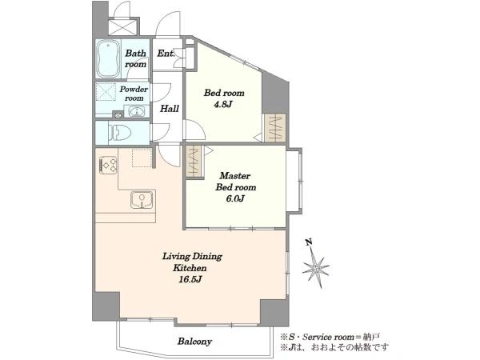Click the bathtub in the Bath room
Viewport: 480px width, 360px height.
(107, 58)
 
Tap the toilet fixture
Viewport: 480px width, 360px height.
(119, 133)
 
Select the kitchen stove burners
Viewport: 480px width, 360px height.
(108, 166)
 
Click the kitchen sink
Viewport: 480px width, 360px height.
(142, 200)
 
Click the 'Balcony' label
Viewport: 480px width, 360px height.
(194, 341)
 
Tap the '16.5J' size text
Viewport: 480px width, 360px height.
(190, 279)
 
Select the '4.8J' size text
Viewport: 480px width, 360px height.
(223, 104)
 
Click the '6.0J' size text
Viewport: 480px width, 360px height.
(235, 198)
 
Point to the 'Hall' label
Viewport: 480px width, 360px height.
(170, 108)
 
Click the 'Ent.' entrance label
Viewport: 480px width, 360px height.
(166, 54)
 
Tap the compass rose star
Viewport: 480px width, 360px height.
(316, 268)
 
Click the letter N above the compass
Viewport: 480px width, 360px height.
(309, 242)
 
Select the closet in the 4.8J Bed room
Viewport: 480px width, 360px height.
(275, 128)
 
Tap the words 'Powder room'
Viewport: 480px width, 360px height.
(134, 94)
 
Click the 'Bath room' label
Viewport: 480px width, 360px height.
(136, 58)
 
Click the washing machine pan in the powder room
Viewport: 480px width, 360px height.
(106, 92)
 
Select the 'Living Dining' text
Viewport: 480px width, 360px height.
(192, 256)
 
